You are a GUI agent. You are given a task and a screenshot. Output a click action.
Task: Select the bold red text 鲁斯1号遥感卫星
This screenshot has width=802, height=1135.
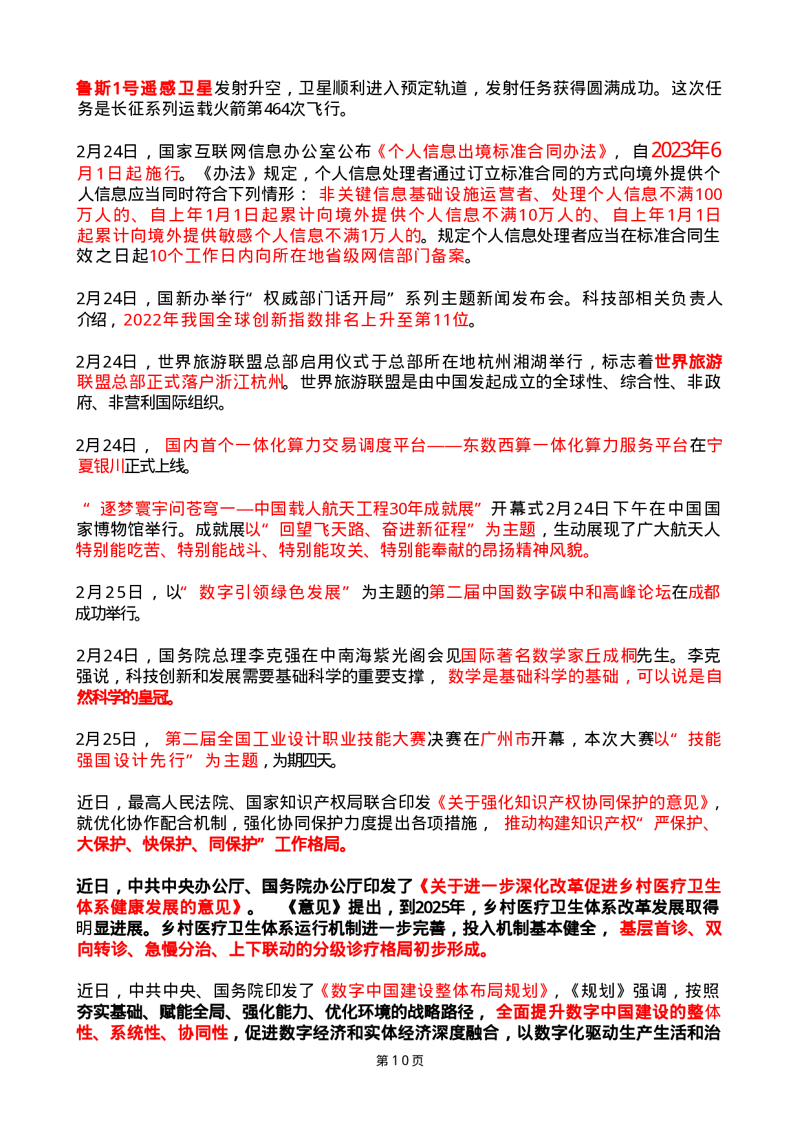coord(144,88)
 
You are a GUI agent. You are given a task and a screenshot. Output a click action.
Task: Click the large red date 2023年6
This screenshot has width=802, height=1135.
coord(686,151)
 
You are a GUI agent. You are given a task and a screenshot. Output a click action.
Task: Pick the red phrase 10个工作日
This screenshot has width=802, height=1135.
coord(193,256)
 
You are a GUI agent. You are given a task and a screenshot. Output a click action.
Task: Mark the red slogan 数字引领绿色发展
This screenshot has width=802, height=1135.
coord(270,593)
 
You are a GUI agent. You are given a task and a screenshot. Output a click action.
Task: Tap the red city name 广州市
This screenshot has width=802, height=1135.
coord(506,739)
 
